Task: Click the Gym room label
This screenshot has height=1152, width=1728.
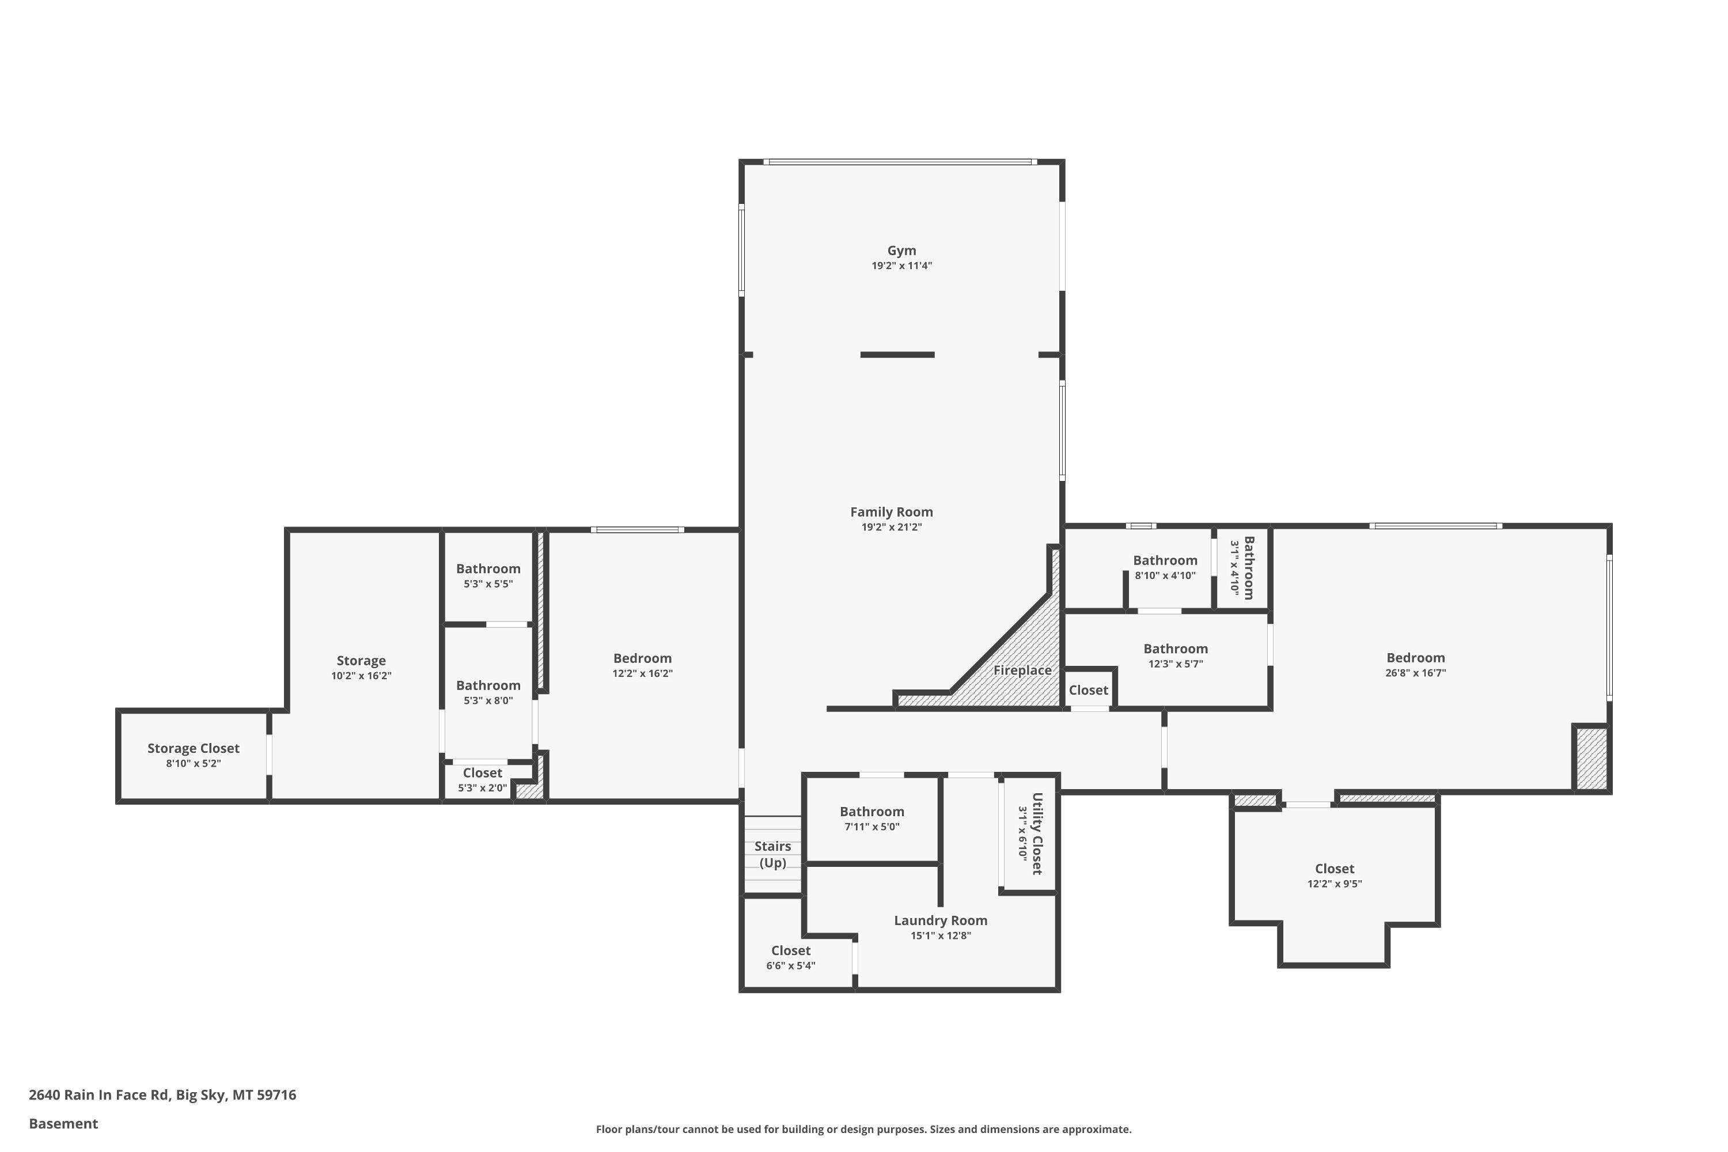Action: coord(901,251)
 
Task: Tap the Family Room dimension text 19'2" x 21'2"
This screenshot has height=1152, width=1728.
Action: coord(891,527)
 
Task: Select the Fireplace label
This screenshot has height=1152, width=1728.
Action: coord(1022,670)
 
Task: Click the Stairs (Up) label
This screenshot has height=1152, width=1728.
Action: coord(772,854)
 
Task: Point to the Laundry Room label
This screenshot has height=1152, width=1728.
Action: coord(941,920)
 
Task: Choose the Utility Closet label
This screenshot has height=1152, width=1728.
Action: coord(1037,834)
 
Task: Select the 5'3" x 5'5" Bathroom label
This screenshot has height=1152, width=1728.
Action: coord(488,569)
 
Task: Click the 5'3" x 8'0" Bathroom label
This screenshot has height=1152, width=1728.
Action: coord(488,685)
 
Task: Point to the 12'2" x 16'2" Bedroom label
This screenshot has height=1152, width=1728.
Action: coord(642,658)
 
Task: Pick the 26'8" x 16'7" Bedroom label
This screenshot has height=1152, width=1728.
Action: coord(1416,658)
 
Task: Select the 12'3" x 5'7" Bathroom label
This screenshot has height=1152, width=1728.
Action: coord(1176,649)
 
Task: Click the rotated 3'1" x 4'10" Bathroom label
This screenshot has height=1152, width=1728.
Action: coord(1248,568)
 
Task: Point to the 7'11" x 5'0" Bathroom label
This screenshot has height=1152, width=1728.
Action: coord(872,811)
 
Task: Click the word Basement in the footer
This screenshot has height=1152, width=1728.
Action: coord(63,1123)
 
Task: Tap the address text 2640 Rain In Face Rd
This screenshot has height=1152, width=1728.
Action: coord(98,1095)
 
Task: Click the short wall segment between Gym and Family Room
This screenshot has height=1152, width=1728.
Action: coord(897,355)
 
